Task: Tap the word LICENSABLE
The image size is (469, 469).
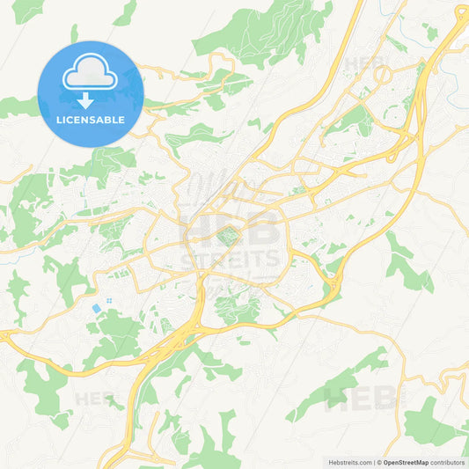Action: point(90,119)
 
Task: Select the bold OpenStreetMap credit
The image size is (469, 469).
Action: point(405,462)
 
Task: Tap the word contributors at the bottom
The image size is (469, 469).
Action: point(448,462)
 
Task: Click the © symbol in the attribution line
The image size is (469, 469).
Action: point(377,462)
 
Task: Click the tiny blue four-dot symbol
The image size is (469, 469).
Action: point(109,301)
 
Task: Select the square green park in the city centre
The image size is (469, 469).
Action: point(229,236)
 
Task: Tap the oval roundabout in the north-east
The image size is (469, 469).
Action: point(383,76)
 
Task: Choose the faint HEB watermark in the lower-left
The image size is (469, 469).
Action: point(95,399)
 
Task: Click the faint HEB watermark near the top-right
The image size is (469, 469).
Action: point(365,63)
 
